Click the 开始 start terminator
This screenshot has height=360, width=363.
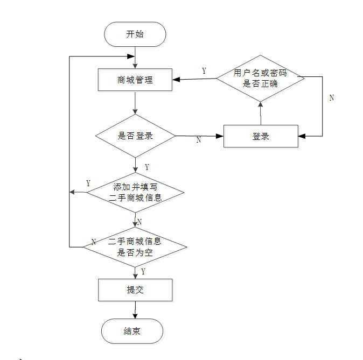tap(135, 34)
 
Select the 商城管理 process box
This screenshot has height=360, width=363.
tap(135, 80)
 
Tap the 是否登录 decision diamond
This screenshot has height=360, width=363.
tap(135, 136)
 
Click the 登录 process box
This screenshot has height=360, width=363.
tap(261, 136)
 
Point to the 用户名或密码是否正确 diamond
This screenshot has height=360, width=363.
tap(261, 78)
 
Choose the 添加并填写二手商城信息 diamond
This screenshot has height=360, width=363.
tap(135, 192)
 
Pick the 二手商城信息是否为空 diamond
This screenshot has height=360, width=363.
tap(135, 246)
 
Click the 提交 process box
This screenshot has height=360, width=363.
tap(135, 290)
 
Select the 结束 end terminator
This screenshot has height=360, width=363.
tap(132, 331)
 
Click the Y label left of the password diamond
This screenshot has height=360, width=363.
tap(204, 71)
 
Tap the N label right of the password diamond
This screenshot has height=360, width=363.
tap(332, 98)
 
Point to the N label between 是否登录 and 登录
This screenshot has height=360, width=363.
tap(198, 139)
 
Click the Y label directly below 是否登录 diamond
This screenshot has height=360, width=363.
tap(147, 167)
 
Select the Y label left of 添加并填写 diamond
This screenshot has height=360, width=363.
tap(88, 184)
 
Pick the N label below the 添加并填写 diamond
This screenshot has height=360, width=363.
tap(139, 222)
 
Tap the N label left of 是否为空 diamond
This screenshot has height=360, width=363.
tap(93, 242)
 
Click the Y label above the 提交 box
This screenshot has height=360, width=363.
tap(143, 272)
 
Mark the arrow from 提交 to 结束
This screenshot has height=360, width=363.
tap(135, 310)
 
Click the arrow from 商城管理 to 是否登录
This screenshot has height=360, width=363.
tap(135, 103)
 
